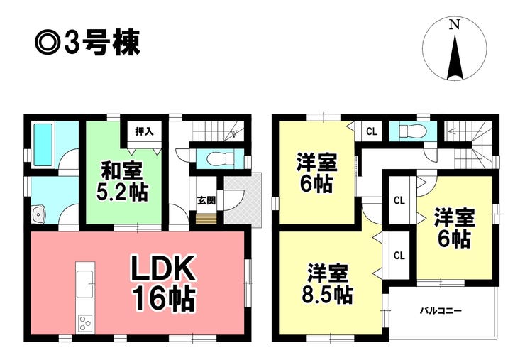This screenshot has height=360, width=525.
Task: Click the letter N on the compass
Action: tap(454, 24)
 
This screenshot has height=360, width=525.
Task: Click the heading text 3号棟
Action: tap(102, 43)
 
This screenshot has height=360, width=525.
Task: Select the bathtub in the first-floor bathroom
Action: tap(43, 145)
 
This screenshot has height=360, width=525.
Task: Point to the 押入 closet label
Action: tap(144, 131)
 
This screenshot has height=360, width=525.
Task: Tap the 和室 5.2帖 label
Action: tap(122, 181)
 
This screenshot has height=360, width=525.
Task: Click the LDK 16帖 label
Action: tap(163, 283)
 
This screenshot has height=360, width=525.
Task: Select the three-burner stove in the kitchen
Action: tap(85, 324)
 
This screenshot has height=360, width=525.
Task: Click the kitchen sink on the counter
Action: tap(85, 284)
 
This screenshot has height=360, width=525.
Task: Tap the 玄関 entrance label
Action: tap(206, 200)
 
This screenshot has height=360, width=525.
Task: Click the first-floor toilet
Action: tap(221, 159)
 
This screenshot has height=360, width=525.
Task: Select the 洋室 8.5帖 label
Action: tap(328, 284)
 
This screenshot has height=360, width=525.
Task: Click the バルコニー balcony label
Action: tap(441, 311)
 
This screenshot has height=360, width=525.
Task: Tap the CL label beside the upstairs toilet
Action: tap(372, 131)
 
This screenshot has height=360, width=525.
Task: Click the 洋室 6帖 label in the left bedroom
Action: tap(316, 173)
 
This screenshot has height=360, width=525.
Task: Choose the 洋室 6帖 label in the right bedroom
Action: tap(454, 228)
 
